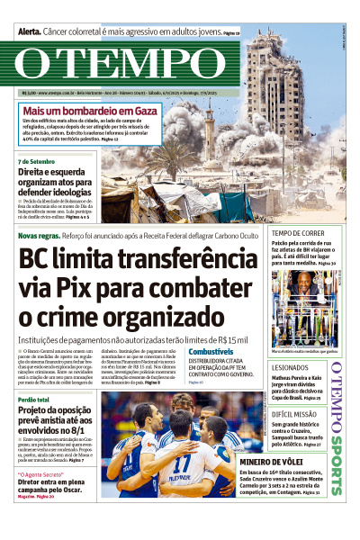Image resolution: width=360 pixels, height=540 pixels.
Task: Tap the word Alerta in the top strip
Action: click(34, 31)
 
